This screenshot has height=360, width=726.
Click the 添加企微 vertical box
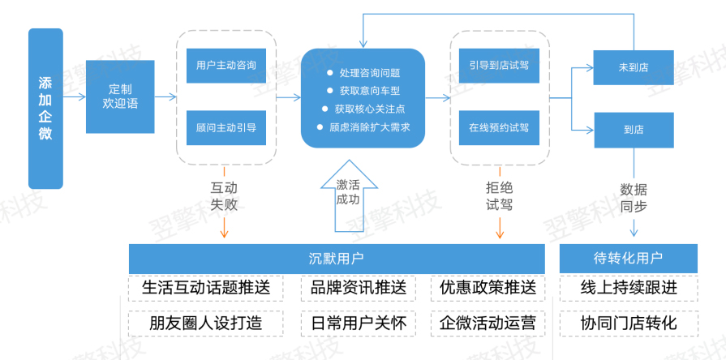(45, 108)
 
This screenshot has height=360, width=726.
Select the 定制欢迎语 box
(120, 96)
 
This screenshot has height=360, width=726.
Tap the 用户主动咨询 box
(226, 65)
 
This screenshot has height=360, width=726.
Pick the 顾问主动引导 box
(226, 127)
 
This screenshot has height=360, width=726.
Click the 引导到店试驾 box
(498, 65)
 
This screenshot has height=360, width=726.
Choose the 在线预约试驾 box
(498, 127)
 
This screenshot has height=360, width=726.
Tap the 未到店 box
(634, 66)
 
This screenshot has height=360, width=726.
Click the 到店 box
(634, 130)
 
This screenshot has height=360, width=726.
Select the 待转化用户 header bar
(629, 259)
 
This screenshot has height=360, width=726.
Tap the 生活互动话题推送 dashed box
(206, 289)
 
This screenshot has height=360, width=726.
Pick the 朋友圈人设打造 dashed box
(206, 323)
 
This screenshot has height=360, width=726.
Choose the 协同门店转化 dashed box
(629, 323)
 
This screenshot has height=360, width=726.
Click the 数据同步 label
(634, 198)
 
